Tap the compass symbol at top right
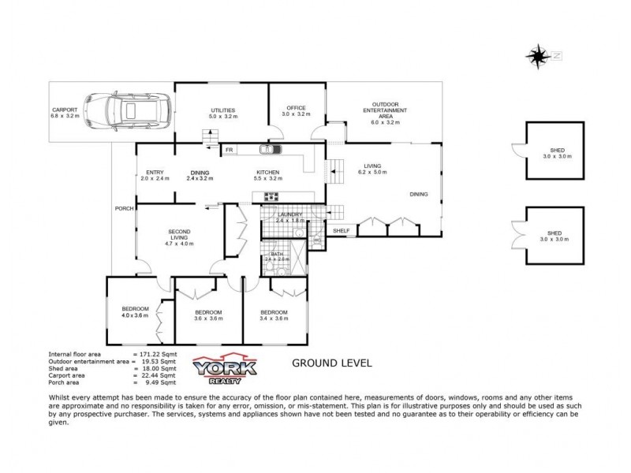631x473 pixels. tap(540, 55)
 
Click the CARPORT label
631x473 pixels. tap(64, 113)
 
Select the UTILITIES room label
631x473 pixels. tap(222, 113)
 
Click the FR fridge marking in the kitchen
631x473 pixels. tap(230, 149)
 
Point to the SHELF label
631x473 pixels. tap(341, 230)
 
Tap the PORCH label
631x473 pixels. tap(124, 208)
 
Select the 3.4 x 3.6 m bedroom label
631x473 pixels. tap(274, 315)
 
